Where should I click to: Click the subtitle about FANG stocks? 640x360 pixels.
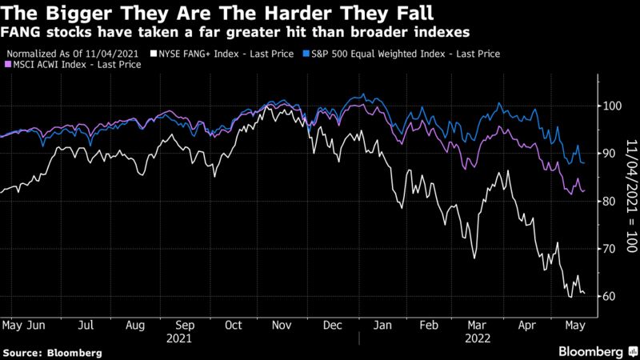pyautogui.click(x=237, y=32)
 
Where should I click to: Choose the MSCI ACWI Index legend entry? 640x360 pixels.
pyautogui.click(x=75, y=65)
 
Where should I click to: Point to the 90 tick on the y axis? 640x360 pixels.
pyautogui.click(x=609, y=154)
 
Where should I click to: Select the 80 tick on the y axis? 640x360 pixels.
pyautogui.click(x=609, y=201)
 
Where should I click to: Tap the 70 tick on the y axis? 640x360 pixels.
pyautogui.click(x=609, y=249)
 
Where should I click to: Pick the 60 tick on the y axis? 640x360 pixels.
pyautogui.click(x=609, y=296)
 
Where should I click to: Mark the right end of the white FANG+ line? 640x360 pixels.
pyautogui.click(x=585, y=294)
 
